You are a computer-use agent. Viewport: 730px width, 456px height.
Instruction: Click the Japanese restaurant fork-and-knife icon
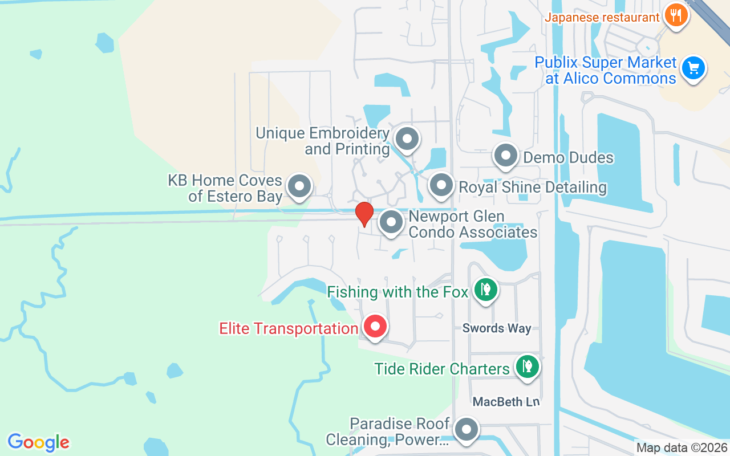pyautogui.click(x=676, y=15)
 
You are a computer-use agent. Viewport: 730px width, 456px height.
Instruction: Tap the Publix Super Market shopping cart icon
pyautogui.click(x=693, y=69)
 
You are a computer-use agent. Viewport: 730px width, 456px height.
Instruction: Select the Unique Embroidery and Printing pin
pyautogui.click(x=407, y=139)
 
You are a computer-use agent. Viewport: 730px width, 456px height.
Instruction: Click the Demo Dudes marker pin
pyautogui.click(x=505, y=156)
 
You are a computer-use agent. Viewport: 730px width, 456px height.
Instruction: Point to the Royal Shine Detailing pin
pyautogui.click(x=441, y=185)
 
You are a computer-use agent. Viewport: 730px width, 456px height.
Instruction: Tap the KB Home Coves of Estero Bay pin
pyautogui.click(x=299, y=186)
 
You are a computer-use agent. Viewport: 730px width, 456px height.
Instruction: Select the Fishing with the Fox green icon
pyautogui.click(x=485, y=290)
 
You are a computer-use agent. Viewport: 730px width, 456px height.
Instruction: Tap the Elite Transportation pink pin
pyautogui.click(x=375, y=327)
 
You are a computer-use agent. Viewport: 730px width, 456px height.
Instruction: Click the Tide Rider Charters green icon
pyautogui.click(x=528, y=366)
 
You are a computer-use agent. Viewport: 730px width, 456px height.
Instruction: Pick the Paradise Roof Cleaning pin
pyautogui.click(x=467, y=430)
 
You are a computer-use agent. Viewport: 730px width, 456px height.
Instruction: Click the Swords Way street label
pyautogui.click(x=497, y=328)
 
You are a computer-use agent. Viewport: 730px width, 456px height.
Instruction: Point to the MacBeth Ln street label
pyautogui.click(x=506, y=402)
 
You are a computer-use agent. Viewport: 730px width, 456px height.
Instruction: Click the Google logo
pyautogui.click(x=38, y=442)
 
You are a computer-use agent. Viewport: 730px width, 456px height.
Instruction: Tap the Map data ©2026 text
pyautogui.click(x=682, y=448)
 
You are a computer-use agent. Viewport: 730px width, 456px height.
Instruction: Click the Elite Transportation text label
pyautogui.click(x=289, y=329)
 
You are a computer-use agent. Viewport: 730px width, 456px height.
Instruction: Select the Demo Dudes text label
pyautogui.click(x=568, y=157)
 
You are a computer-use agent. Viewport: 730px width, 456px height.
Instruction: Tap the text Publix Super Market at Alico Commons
pyautogui.click(x=606, y=70)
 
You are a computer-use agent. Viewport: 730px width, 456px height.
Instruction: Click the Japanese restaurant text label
pyautogui.click(x=602, y=17)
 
